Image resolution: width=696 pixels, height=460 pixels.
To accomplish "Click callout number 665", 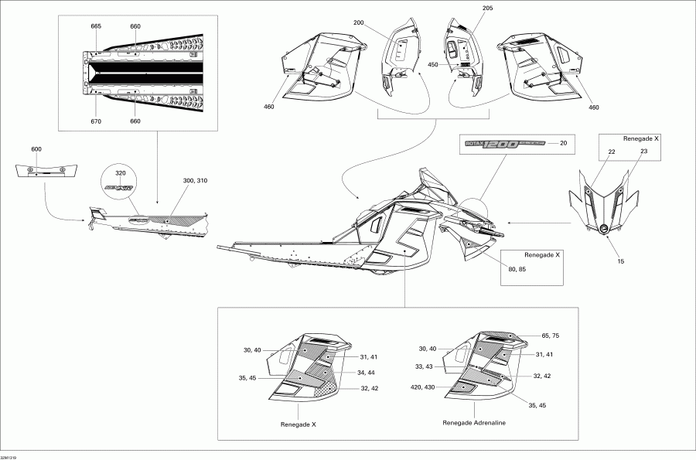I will click(96, 26).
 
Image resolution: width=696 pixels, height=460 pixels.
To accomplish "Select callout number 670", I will click(96, 121).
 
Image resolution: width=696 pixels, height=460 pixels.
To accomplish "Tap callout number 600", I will click(36, 148).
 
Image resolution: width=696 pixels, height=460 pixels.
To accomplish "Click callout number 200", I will click(358, 23).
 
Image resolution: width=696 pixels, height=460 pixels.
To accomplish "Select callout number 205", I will click(465, 9).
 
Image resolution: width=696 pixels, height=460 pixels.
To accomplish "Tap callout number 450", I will click(432, 65).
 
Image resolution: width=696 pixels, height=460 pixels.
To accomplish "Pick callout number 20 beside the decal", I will click(563, 143).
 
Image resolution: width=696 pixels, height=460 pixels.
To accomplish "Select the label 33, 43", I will click(424, 366).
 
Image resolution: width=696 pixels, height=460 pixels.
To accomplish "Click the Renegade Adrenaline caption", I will click(474, 423).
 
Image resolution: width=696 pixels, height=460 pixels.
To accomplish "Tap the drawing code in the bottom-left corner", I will click(9, 456).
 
